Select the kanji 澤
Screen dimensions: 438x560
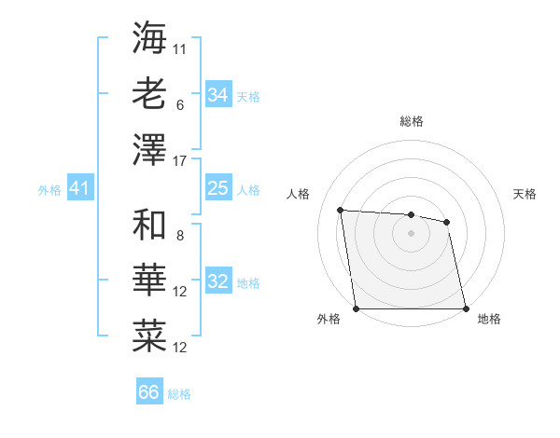tap(149, 148)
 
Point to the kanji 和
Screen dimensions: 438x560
tap(149, 225)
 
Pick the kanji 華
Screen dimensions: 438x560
tap(149, 281)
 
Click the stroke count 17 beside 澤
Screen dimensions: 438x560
tap(181, 161)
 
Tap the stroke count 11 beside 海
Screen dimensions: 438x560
tap(180, 48)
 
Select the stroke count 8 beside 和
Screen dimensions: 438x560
tap(180, 236)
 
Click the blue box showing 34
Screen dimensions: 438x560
tap(217, 95)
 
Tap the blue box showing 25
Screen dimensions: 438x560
tap(217, 189)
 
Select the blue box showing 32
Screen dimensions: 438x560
tap(217, 282)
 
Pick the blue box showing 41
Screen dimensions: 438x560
tap(79, 189)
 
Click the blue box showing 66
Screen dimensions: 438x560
tap(148, 392)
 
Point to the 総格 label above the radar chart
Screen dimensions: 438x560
tap(411, 121)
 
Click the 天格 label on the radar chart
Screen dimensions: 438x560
tap(525, 194)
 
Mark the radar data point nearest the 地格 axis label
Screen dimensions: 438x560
tap(465, 308)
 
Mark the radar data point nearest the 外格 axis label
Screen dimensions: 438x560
tap(357, 308)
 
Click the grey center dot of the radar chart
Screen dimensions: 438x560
tap(411, 233)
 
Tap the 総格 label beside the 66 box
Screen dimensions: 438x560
tap(179, 393)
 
